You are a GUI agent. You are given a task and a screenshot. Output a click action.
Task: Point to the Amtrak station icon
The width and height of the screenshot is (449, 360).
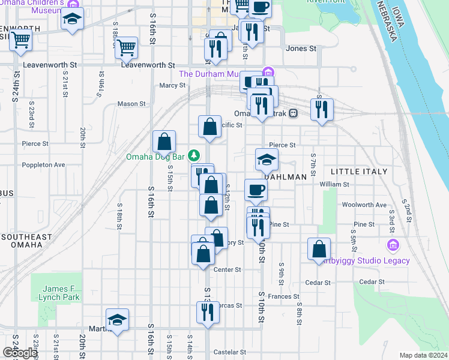pyautogui.click(x=294, y=113)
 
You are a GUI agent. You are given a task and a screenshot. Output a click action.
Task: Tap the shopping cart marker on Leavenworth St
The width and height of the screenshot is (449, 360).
pyautogui.click(x=127, y=47)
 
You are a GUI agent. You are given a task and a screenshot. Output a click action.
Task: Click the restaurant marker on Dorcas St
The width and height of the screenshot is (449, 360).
pyautogui.click(x=208, y=312)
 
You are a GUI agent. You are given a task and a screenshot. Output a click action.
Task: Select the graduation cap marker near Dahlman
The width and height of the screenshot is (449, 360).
pyautogui.click(x=267, y=160)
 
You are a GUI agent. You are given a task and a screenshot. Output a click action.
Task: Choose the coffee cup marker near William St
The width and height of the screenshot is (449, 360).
pyautogui.click(x=256, y=190)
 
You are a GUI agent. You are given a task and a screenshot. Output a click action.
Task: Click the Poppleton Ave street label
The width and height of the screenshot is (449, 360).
pyautogui.click(x=43, y=164)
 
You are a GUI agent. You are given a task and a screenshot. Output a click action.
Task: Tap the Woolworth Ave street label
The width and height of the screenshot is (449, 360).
pyautogui.click(x=364, y=205)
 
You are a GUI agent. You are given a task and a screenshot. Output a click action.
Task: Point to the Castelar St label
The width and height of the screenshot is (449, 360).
pyautogui.click(x=226, y=352)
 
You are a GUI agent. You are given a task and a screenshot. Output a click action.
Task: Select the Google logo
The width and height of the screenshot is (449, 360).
pyautogui.click(x=20, y=353)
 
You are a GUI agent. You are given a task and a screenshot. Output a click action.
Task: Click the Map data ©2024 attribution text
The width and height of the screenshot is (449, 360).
pyautogui.click(x=423, y=355)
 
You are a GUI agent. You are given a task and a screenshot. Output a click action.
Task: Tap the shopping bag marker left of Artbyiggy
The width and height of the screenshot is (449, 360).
pyautogui.click(x=319, y=249)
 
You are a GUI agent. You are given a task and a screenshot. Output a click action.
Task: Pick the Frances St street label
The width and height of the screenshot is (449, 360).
pyautogui.click(x=283, y=296)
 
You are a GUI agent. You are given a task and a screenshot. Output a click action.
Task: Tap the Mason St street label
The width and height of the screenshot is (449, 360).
pyautogui.click(x=131, y=104)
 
